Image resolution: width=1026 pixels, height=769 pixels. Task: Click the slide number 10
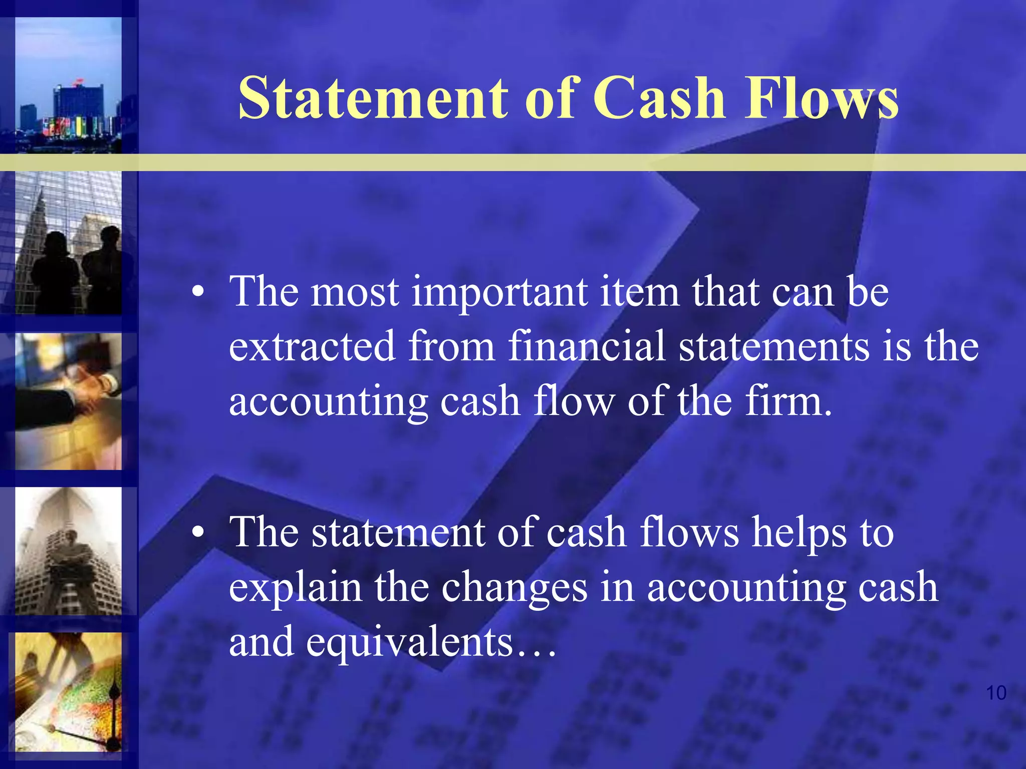click(x=996, y=693)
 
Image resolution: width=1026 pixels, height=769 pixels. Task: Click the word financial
click(x=587, y=346)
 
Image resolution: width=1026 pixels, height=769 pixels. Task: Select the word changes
click(x=514, y=588)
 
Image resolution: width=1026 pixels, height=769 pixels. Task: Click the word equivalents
click(x=409, y=643)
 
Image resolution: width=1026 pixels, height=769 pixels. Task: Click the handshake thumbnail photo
click(x=68, y=402)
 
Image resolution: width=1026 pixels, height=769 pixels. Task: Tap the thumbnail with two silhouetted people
click(x=68, y=243)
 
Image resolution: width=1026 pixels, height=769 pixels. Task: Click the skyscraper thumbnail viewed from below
click(x=68, y=551)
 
